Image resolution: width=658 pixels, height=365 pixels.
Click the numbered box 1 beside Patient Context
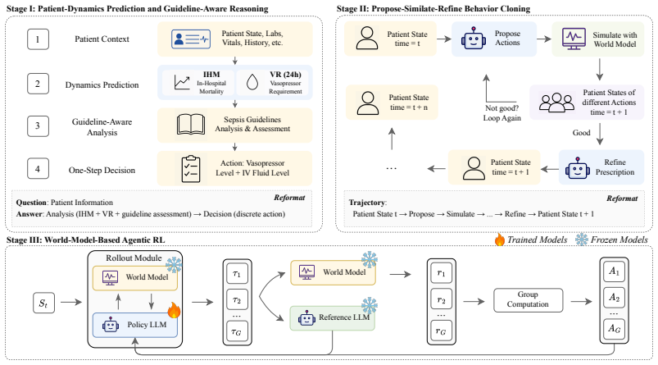[x=38, y=39]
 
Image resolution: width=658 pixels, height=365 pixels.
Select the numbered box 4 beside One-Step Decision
[x=38, y=169]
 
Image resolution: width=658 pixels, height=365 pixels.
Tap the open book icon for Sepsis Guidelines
[x=191, y=125]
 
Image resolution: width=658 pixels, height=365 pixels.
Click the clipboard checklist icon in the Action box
[x=191, y=169]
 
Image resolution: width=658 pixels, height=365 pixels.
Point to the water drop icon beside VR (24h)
[x=252, y=82]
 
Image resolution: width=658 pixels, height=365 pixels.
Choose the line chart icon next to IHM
[x=182, y=82]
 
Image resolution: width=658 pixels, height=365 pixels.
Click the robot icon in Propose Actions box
[x=474, y=39]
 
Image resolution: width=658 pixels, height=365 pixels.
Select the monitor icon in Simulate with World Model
[x=574, y=39]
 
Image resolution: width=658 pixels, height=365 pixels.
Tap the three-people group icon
[x=556, y=103]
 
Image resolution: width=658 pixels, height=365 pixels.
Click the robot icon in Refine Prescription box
[x=578, y=167]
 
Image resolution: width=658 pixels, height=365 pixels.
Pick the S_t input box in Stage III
[x=43, y=303]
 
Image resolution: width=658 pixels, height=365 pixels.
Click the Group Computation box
[x=528, y=300]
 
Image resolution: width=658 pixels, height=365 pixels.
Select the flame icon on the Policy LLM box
[x=174, y=310]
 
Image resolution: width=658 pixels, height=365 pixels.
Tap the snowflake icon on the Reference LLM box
[x=370, y=305]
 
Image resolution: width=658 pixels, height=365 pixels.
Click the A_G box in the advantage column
[x=614, y=328]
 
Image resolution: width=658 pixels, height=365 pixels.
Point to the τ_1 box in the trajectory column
[x=237, y=274]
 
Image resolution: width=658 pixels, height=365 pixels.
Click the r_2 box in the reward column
[x=441, y=299]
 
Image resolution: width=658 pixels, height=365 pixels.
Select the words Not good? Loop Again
[x=501, y=113]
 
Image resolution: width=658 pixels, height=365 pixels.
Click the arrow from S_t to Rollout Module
[x=71, y=302]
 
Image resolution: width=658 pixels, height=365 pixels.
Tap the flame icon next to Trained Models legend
[x=499, y=240]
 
